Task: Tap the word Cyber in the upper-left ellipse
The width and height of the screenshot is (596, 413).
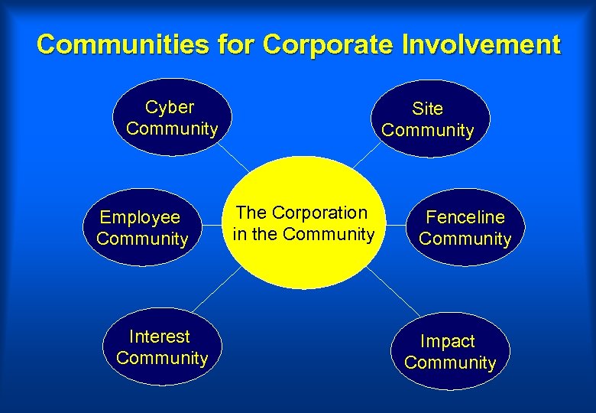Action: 170,107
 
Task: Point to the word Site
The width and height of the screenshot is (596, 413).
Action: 427,109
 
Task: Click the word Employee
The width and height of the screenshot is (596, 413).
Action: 140,217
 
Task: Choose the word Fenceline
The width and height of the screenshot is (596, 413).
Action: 465,217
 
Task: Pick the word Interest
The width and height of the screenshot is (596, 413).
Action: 160,337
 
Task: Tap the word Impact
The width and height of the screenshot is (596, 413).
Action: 448,341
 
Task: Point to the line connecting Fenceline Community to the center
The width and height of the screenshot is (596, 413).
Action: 397,226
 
